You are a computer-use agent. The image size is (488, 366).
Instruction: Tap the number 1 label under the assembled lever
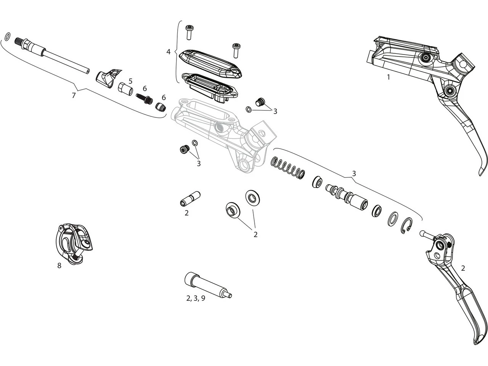click(x=388, y=77)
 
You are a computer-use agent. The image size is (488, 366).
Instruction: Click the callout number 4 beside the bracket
click(x=169, y=51)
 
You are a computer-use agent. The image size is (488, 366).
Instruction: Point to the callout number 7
click(x=74, y=95)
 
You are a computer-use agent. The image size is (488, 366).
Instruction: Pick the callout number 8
click(x=59, y=266)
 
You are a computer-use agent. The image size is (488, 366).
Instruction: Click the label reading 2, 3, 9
click(x=196, y=298)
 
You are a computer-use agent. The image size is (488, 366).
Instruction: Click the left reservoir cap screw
click(x=189, y=32)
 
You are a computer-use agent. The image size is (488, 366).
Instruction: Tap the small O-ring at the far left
click(x=7, y=37)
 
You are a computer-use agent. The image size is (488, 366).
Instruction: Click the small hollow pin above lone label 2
click(x=190, y=199)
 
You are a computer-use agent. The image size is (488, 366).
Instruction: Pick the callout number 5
click(x=130, y=81)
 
